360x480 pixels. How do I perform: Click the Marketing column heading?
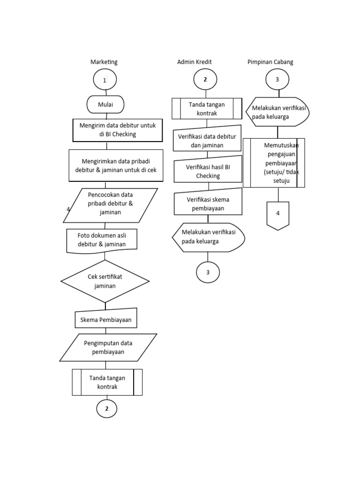coord(104,62)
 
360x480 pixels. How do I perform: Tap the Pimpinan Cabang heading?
coord(270,62)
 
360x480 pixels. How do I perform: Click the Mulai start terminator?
coord(105,105)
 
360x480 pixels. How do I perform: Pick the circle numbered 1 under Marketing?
coord(105,80)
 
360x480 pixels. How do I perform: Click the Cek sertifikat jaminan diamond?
coord(105,281)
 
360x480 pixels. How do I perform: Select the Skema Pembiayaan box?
coord(106,319)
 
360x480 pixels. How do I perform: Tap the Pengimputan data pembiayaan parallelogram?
coord(108,347)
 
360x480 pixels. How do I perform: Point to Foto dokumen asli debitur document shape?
coord(102,240)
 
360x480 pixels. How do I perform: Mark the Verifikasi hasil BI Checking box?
coord(208,171)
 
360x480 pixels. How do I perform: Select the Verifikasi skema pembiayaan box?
coord(208,203)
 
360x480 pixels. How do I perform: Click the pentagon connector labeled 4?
coord(277,215)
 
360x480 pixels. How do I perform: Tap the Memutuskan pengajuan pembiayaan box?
coord(274,163)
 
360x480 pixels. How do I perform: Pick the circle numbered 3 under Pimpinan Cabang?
coord(277,80)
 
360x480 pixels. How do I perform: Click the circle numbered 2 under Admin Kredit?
coord(205,80)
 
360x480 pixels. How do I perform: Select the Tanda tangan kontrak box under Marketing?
coord(107,382)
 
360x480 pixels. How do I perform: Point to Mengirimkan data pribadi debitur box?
coord(116,165)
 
